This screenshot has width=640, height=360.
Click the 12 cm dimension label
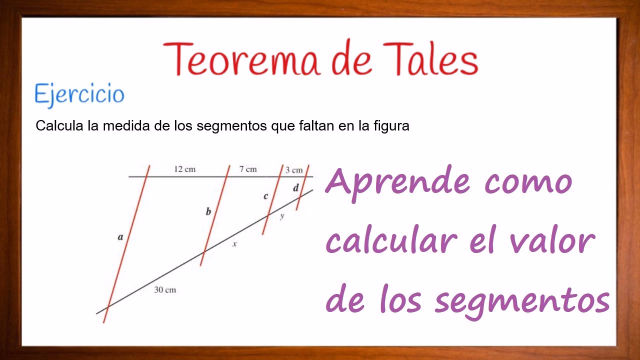coord(184,169)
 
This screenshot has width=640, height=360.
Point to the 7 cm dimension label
coord(247,169)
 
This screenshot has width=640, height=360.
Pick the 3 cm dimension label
coord(294,170)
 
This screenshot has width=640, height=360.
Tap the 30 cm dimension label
coord(165,290)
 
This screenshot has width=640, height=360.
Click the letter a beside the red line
coord(120,237)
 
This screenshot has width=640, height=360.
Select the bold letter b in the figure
coord(208,211)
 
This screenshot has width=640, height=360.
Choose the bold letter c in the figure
coord(265,196)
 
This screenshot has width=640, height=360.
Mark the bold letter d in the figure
coord(295,188)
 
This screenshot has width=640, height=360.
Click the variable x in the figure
coord(234,244)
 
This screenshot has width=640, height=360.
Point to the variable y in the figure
coord(282,216)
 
